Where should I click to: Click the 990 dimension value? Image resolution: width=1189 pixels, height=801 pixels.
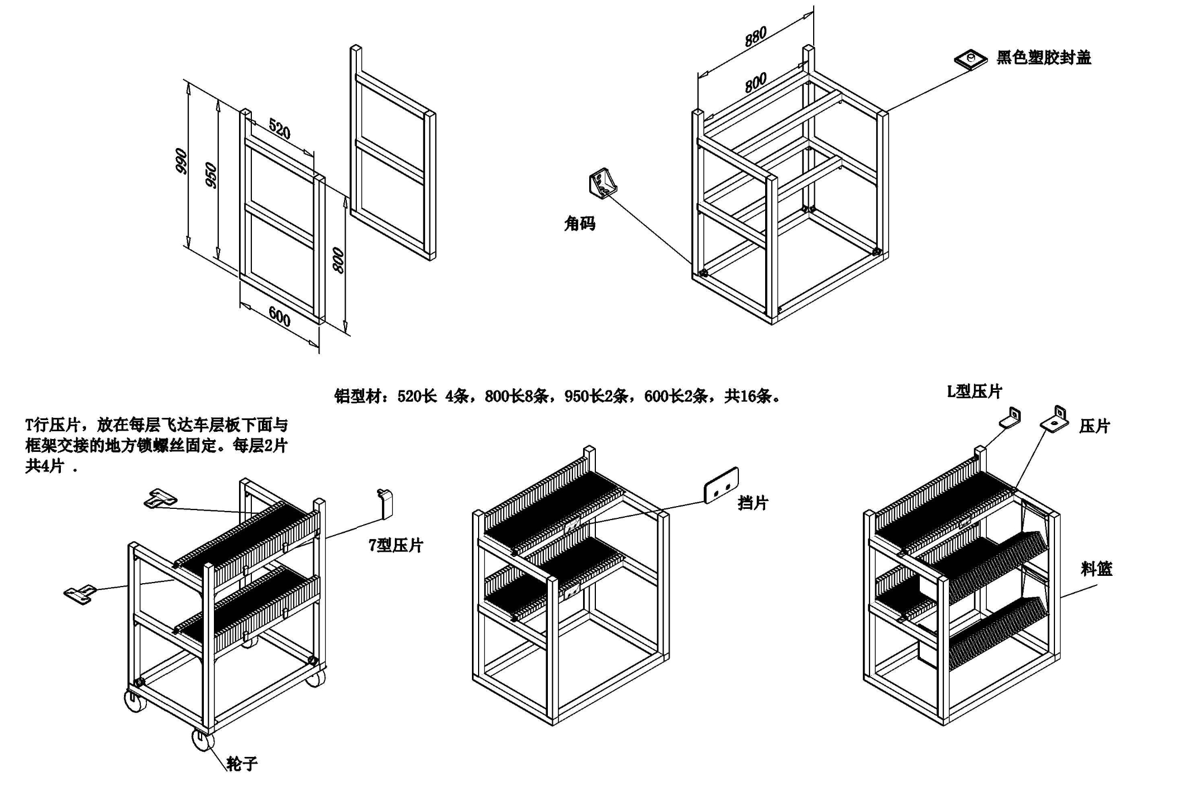[181, 161]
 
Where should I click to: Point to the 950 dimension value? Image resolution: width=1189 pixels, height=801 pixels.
[211, 175]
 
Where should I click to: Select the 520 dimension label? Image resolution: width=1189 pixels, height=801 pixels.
[279, 129]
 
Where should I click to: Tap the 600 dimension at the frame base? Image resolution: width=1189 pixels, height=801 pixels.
[279, 317]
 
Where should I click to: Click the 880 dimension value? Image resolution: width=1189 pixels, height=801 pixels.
[755, 36]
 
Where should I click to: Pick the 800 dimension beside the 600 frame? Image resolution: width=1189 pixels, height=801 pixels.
[338, 260]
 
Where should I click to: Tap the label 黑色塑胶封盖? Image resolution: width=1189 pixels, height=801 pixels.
[1043, 58]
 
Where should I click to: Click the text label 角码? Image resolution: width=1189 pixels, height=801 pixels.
[579, 224]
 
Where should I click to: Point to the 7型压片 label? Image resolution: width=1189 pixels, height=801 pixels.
[395, 545]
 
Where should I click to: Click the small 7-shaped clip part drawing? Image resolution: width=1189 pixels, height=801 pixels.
[385, 503]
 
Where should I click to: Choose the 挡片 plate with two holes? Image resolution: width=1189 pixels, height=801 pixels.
[721, 485]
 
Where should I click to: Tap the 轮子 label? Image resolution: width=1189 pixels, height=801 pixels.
[242, 764]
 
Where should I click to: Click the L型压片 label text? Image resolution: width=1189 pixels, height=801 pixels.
[974, 392]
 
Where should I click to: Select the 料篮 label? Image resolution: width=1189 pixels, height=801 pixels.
[1096, 569]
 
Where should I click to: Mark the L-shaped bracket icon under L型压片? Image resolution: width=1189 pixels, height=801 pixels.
[1010, 418]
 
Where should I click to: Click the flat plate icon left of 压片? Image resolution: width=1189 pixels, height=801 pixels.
[1054, 420]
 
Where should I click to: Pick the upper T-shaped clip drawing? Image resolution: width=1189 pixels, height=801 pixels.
[160, 498]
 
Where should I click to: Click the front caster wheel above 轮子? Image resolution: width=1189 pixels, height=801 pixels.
[203, 740]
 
